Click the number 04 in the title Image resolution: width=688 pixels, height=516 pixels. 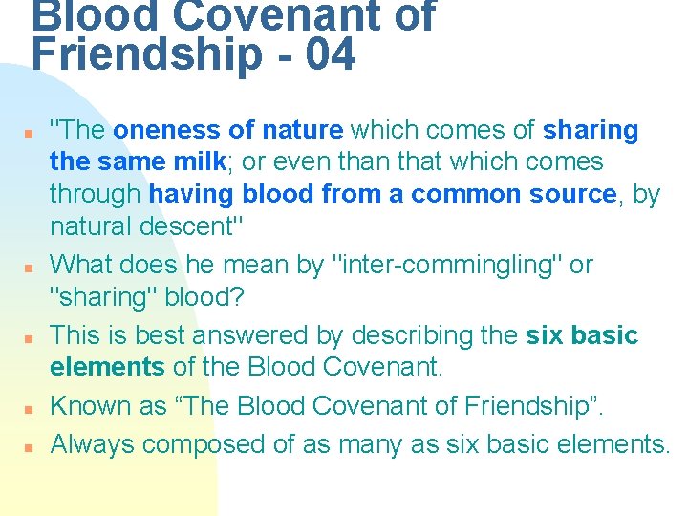pos(331,55)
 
